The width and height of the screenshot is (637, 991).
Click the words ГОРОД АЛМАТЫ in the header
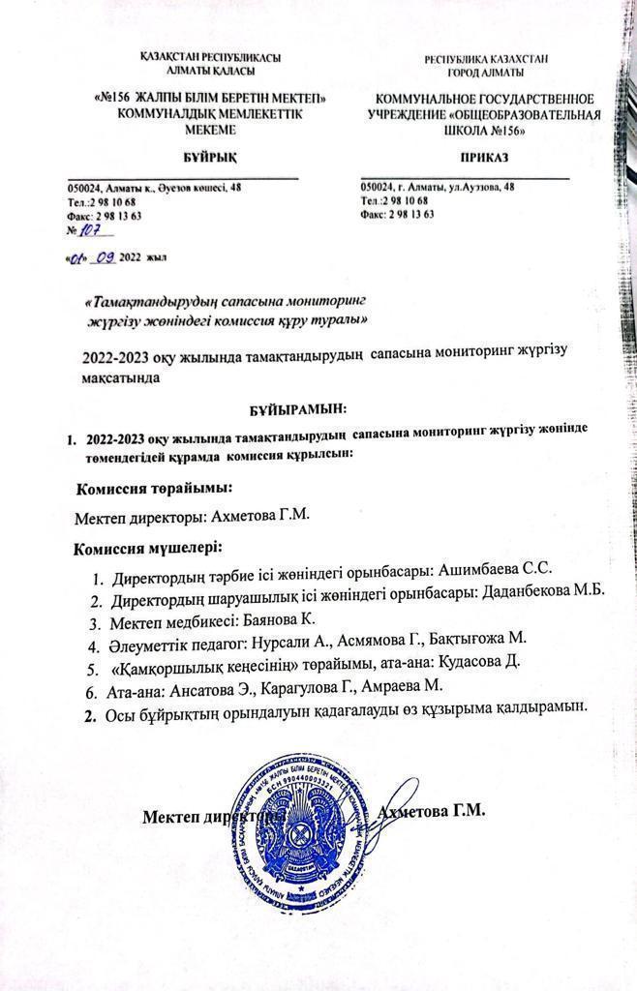(x=486, y=73)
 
